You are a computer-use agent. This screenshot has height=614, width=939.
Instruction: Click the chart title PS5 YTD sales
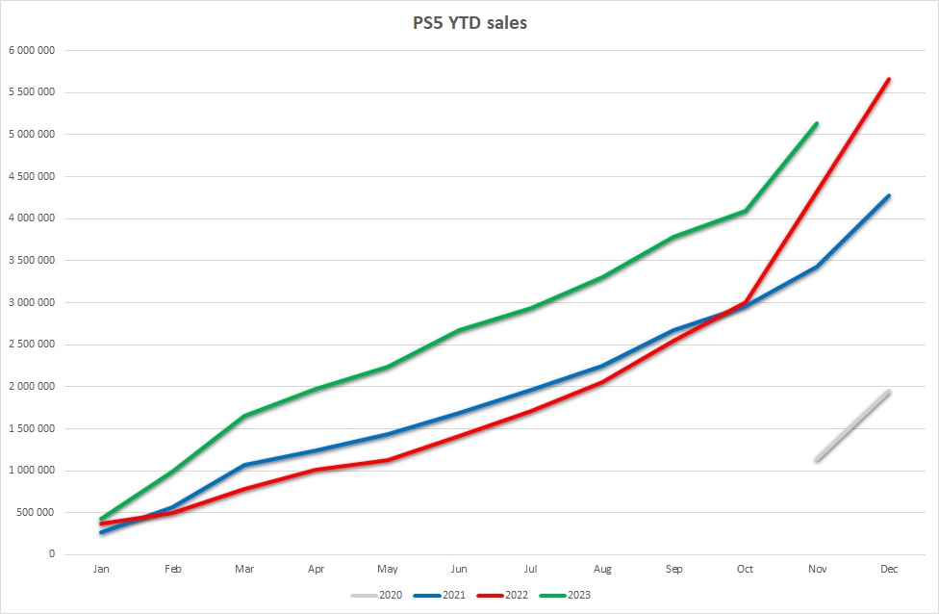point(469,23)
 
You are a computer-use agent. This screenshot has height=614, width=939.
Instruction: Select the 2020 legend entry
point(377,595)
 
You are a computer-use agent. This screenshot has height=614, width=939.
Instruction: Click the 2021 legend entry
point(440,595)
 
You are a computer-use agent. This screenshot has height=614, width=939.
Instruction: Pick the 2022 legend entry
point(502,595)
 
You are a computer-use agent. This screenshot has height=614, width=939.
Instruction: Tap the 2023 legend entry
point(566,595)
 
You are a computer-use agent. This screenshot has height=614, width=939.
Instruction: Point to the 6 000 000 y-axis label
point(32,50)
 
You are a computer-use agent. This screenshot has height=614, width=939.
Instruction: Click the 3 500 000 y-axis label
point(32,260)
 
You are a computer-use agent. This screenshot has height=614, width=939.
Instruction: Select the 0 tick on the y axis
point(52,554)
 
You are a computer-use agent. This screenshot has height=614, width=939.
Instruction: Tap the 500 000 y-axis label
point(36,512)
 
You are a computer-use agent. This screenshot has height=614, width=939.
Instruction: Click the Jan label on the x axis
point(101,569)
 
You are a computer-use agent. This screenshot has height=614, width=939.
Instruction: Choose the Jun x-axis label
point(459,569)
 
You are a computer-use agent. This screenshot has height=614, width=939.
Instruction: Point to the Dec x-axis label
point(889,569)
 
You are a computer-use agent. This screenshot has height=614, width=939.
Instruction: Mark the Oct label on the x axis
point(745,569)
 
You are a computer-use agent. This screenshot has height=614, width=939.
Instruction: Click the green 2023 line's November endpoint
point(817,123)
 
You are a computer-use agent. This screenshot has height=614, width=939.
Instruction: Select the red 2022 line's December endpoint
point(889,79)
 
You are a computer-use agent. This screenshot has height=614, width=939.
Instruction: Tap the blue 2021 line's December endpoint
point(889,196)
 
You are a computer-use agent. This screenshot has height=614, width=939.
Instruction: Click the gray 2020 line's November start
point(817,460)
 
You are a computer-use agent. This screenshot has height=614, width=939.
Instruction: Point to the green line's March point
point(244,416)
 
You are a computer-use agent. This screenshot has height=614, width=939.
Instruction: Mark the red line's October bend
point(745,302)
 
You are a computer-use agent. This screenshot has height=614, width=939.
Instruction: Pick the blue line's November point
point(817,267)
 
